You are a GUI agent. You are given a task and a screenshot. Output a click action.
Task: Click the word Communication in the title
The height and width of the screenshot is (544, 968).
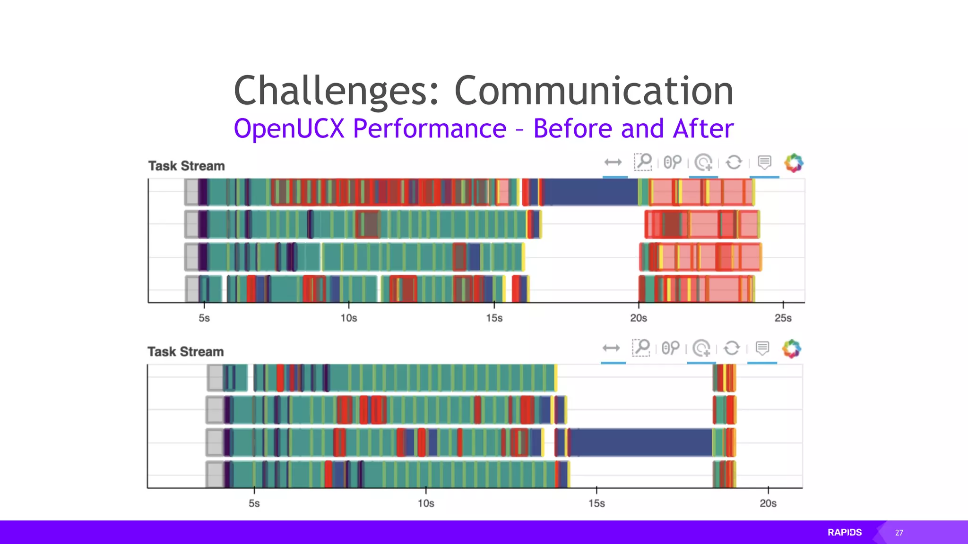pos(594,91)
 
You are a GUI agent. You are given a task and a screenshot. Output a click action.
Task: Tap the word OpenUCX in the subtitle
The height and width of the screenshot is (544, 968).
pos(289,128)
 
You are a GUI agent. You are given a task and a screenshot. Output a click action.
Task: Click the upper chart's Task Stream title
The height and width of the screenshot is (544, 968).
pos(186,166)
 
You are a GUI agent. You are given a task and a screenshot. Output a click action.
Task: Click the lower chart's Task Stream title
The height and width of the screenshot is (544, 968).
pos(185,352)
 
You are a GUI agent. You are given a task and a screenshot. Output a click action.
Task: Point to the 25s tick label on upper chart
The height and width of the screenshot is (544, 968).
pos(783,318)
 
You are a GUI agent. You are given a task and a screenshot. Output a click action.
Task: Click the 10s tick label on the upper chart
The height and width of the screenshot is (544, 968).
pos(349,318)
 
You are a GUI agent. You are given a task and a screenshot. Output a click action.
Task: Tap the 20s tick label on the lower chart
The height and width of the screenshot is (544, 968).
pos(768,503)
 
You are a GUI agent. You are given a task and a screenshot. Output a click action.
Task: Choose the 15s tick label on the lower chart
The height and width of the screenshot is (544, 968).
pos(596,503)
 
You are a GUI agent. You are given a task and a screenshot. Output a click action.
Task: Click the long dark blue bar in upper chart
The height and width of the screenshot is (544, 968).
pos(591,192)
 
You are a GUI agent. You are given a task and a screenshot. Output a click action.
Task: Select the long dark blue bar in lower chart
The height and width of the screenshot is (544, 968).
pos(640,442)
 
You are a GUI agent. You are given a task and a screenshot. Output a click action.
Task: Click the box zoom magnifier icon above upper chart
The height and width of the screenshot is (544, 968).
pos(643,162)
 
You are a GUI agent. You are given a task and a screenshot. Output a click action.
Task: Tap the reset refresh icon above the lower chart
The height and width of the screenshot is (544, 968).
pos(732,348)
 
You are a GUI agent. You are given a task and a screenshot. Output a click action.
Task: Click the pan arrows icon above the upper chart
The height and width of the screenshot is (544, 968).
pos(613,162)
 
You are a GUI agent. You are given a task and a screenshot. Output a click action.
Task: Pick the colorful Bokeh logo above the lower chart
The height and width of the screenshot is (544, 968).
pos(792,349)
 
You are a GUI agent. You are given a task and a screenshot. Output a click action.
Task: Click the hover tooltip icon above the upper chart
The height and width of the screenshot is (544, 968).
pos(764,162)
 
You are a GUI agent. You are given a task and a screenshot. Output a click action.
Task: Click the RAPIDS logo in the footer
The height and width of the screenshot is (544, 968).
pos(845,532)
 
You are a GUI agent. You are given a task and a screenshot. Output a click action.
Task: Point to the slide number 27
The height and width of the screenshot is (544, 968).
pos(899,533)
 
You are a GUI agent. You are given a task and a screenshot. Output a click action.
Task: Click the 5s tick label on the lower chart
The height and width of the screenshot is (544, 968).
pos(254,503)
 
